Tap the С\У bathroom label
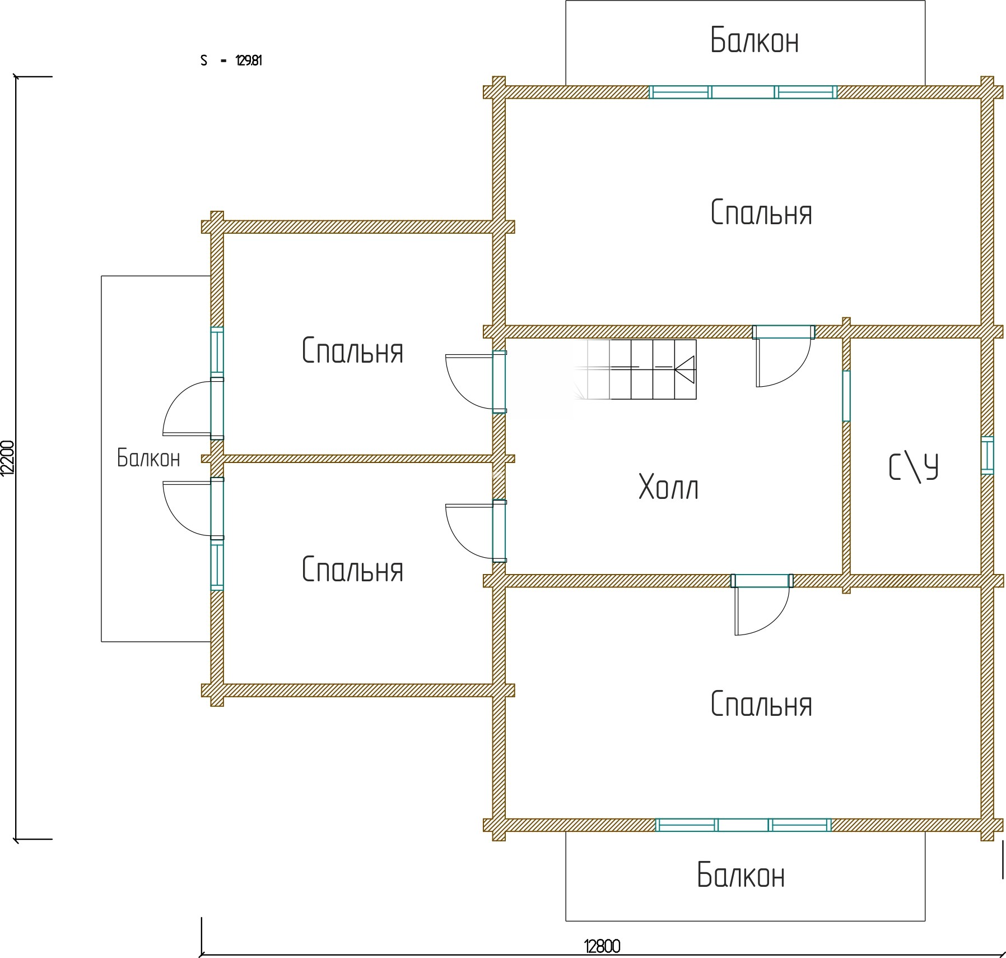click(914, 468)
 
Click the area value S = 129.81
click(231, 61)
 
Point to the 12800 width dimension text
click(602, 947)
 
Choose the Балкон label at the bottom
click(740, 875)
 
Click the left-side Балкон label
click(148, 458)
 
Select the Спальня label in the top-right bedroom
click(761, 213)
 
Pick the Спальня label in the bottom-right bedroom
click(761, 704)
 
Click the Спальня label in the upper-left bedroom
click(352, 351)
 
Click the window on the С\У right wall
click(988, 455)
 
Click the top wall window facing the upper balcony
click(743, 92)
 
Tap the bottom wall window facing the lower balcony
click(743, 825)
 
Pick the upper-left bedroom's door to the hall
click(476, 381)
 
